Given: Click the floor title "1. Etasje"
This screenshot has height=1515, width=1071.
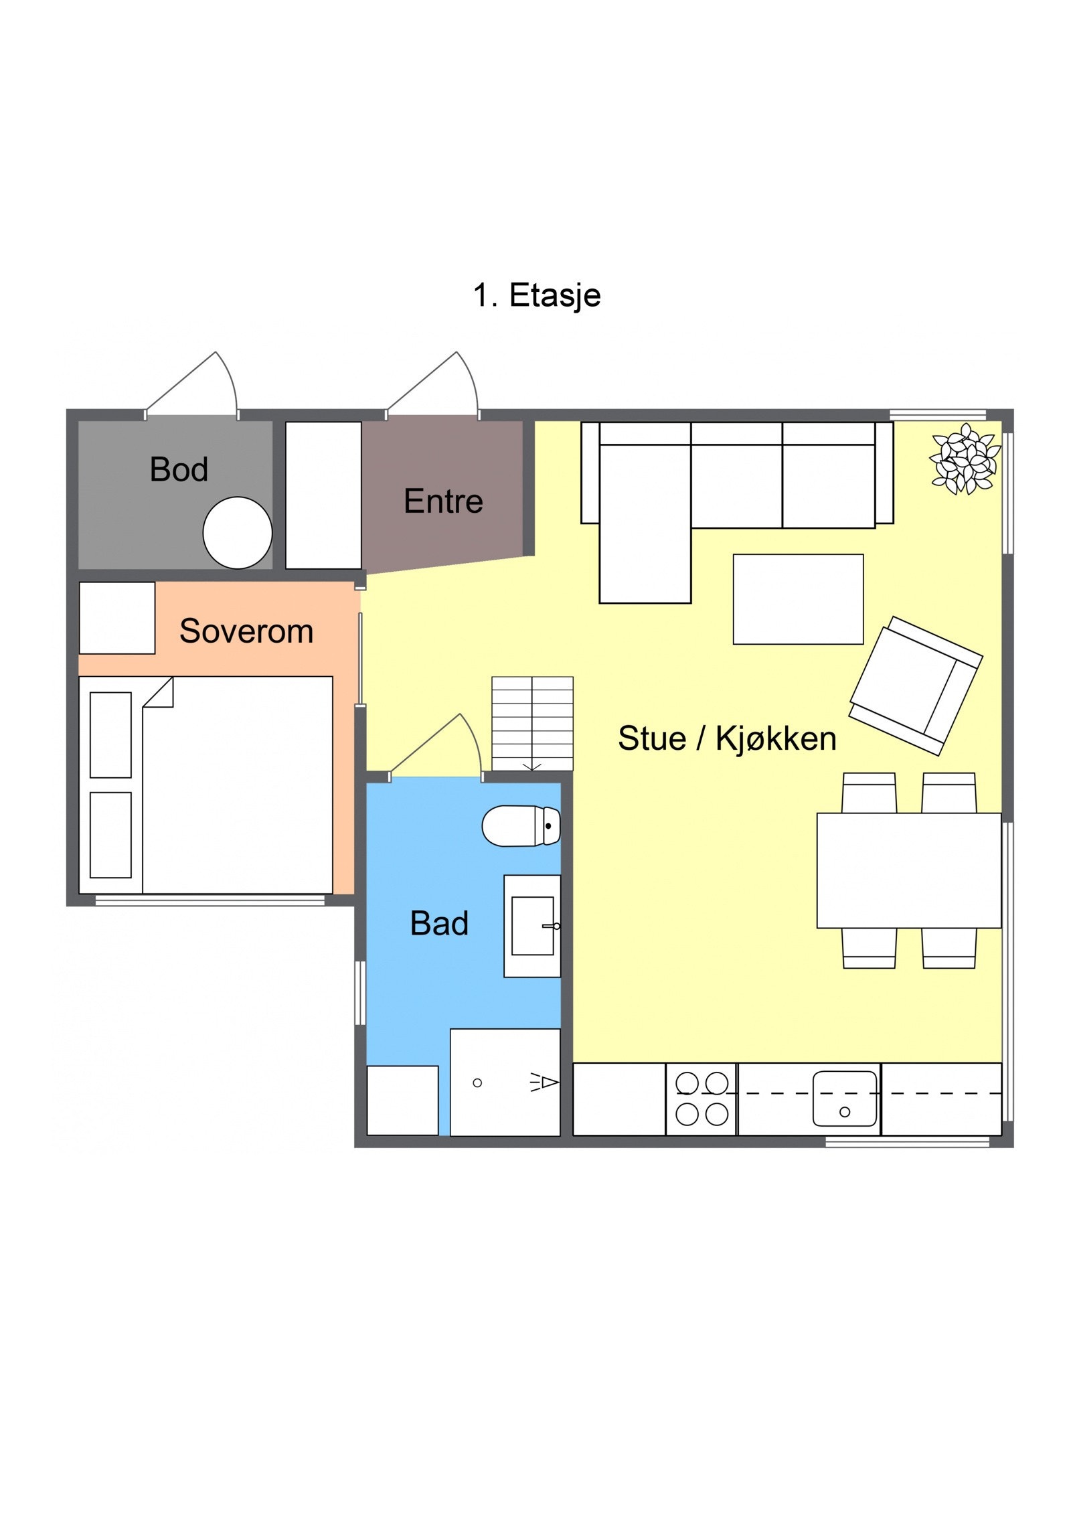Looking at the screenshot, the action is pyautogui.click(x=536, y=295).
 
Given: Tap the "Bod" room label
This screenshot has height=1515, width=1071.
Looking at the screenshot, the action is pyautogui.click(x=179, y=469).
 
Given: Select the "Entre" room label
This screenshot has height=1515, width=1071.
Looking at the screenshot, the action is pyautogui.click(x=443, y=501).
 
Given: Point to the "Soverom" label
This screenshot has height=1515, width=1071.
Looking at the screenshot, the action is pyautogui.click(x=246, y=631).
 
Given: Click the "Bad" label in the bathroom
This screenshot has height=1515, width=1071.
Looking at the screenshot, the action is pyautogui.click(x=439, y=923).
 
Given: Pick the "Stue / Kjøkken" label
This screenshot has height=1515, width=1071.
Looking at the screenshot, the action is pyautogui.click(x=727, y=738).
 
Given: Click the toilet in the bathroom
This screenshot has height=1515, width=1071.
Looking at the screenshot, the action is pyautogui.click(x=521, y=825).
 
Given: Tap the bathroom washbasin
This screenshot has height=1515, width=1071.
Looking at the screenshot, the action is pyautogui.click(x=532, y=926).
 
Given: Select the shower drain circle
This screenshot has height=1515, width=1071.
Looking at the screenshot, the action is pyautogui.click(x=477, y=1083).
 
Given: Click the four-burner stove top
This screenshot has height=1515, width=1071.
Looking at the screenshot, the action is pyautogui.click(x=702, y=1099).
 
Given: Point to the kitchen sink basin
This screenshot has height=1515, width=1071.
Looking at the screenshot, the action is pyautogui.click(x=845, y=1099).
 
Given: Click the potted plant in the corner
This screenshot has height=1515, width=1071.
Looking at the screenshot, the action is pyautogui.click(x=965, y=459).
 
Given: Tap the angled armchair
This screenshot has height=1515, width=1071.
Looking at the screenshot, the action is pyautogui.click(x=916, y=686).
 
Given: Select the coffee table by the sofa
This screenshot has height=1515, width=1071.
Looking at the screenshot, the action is pyautogui.click(x=798, y=599).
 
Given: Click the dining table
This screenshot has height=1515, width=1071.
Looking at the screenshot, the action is pyautogui.click(x=909, y=870).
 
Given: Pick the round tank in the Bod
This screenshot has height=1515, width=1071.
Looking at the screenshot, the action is pyautogui.click(x=238, y=533).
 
